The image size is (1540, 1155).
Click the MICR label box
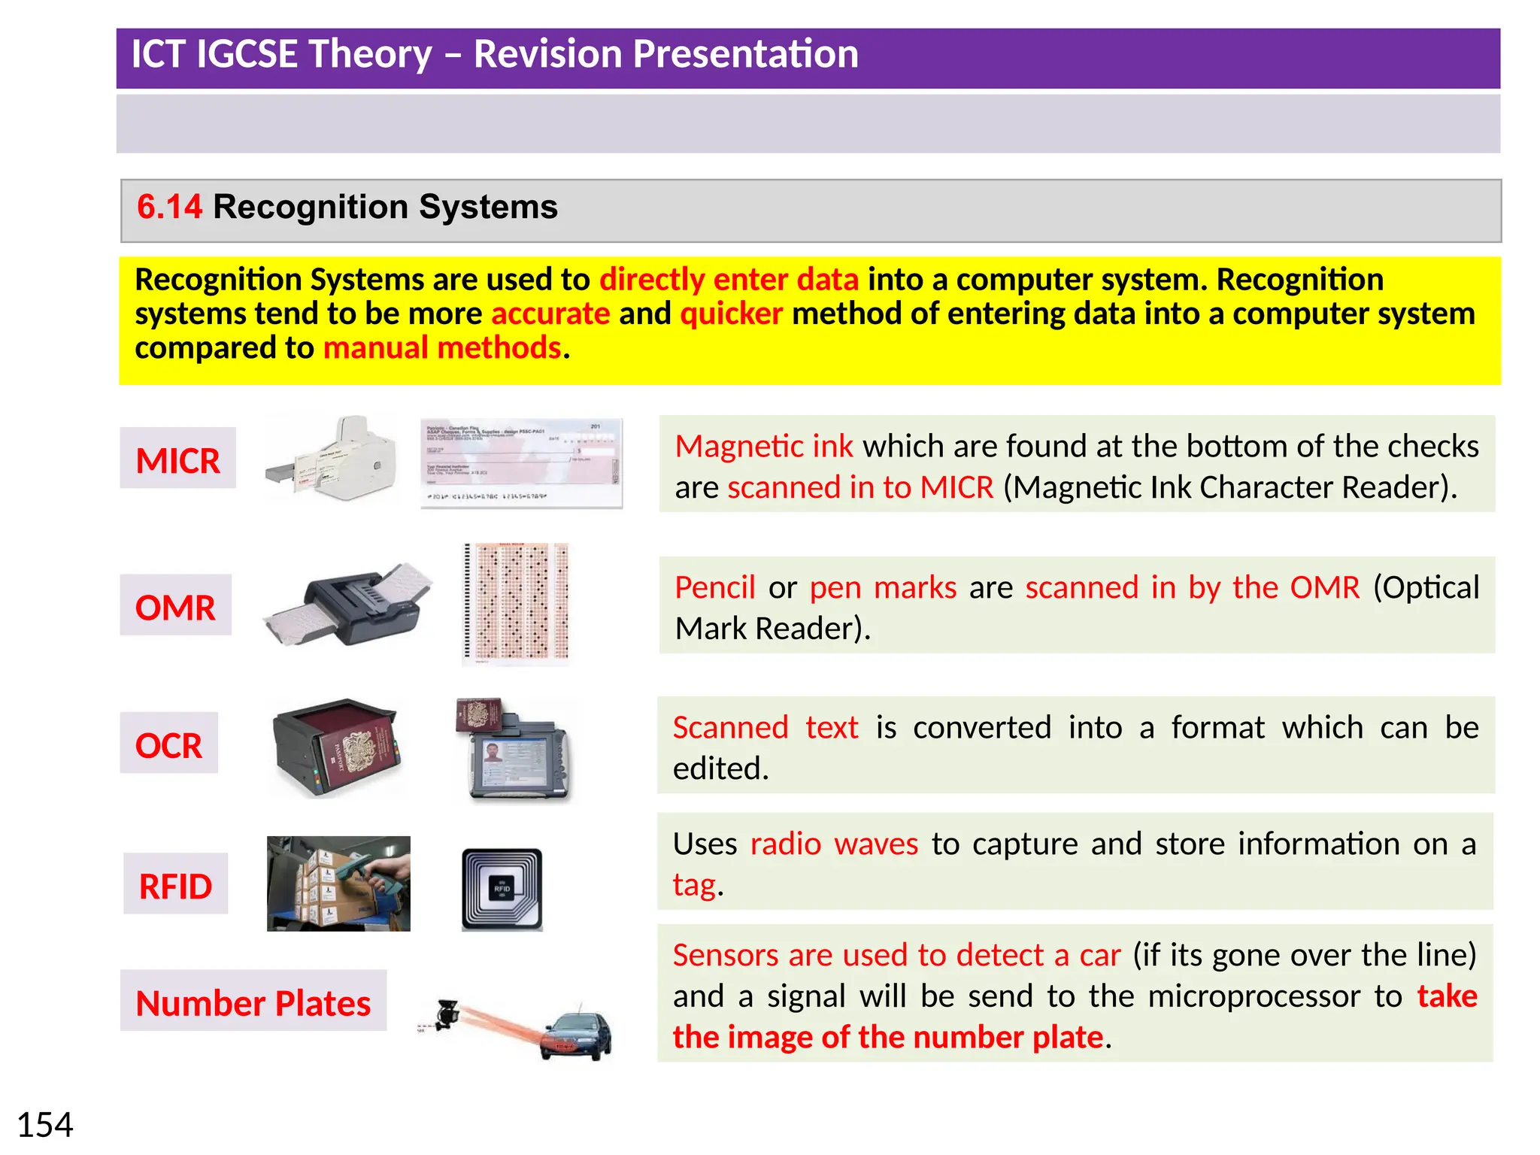[x=177, y=459]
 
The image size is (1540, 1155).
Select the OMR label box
[x=175, y=606]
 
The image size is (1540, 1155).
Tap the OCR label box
[x=168, y=744]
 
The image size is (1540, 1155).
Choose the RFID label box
[x=175, y=885]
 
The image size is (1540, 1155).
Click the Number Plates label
[x=253, y=1002]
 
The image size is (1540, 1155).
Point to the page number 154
[x=45, y=1125]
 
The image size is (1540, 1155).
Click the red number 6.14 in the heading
[x=169, y=208]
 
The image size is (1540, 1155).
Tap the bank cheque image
[x=521, y=463]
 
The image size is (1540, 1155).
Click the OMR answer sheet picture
[x=516, y=604]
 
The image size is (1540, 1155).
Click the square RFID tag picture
[x=502, y=890]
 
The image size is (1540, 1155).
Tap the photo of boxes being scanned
[x=338, y=884]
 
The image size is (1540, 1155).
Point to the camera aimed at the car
[x=447, y=1014]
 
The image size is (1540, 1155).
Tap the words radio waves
[x=834, y=844]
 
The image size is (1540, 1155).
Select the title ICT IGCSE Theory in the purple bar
[x=282, y=55]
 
